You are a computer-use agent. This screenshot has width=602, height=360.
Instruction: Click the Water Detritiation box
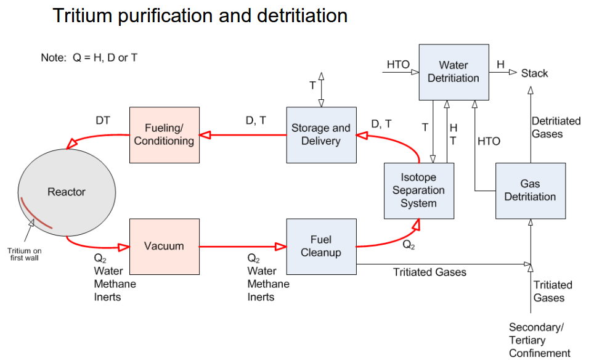click(x=454, y=72)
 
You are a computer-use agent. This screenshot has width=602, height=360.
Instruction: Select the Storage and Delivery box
click(x=320, y=135)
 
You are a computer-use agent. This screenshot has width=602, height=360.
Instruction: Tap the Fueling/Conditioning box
click(x=164, y=135)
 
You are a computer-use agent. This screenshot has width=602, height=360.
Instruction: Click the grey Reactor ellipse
click(x=67, y=192)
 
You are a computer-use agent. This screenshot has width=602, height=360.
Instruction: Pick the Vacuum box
click(x=164, y=246)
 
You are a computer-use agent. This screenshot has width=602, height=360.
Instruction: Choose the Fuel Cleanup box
click(x=321, y=246)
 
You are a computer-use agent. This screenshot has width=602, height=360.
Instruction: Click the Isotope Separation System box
click(x=418, y=190)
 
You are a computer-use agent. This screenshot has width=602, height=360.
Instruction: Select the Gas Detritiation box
click(x=530, y=190)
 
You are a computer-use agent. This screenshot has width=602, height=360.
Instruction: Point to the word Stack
click(x=534, y=73)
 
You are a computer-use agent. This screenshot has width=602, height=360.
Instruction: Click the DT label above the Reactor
click(x=103, y=121)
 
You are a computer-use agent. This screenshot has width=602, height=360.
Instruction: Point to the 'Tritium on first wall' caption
click(x=25, y=254)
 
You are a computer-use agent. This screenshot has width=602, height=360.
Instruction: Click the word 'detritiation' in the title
click(x=296, y=15)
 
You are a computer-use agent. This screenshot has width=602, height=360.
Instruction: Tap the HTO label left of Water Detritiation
click(x=398, y=65)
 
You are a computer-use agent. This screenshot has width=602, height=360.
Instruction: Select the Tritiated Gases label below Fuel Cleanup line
click(x=429, y=272)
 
